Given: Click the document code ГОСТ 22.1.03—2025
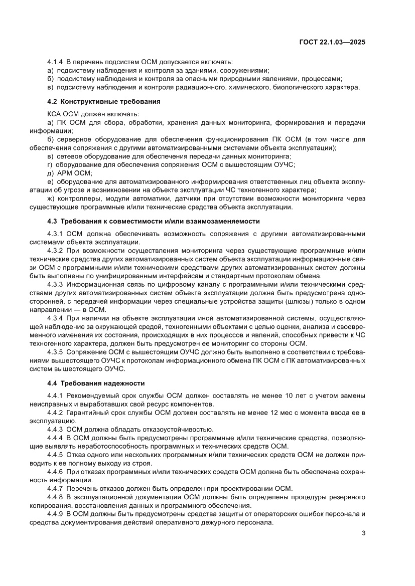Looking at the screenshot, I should coord(332,42).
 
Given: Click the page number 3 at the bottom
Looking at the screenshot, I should coord(363,533).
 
